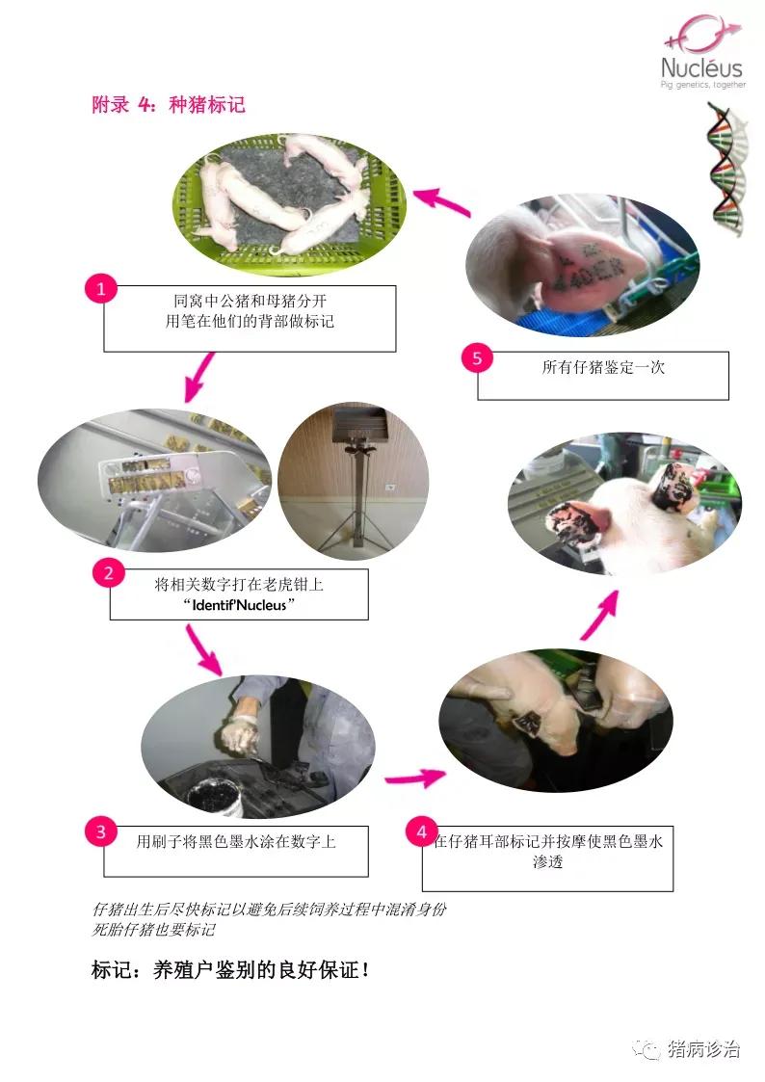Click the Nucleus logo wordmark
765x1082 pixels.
pos(701,67)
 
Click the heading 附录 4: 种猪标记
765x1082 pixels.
pos(169,105)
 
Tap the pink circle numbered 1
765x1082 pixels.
pos(101,288)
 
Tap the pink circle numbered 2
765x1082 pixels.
pos(108,572)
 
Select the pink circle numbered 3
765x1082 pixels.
pos(101,831)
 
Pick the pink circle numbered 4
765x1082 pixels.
pos(422,831)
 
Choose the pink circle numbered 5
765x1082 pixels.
pos(477,358)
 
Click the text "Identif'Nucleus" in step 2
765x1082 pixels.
pos(239,605)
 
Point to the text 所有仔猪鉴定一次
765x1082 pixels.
pos(603,367)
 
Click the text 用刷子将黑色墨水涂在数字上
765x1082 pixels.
pos(236,841)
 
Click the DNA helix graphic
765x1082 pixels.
pos(728,168)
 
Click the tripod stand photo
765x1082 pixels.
pos(354,480)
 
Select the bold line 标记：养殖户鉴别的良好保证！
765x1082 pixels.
pos(230,969)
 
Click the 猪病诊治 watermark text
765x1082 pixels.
pos(703,1049)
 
